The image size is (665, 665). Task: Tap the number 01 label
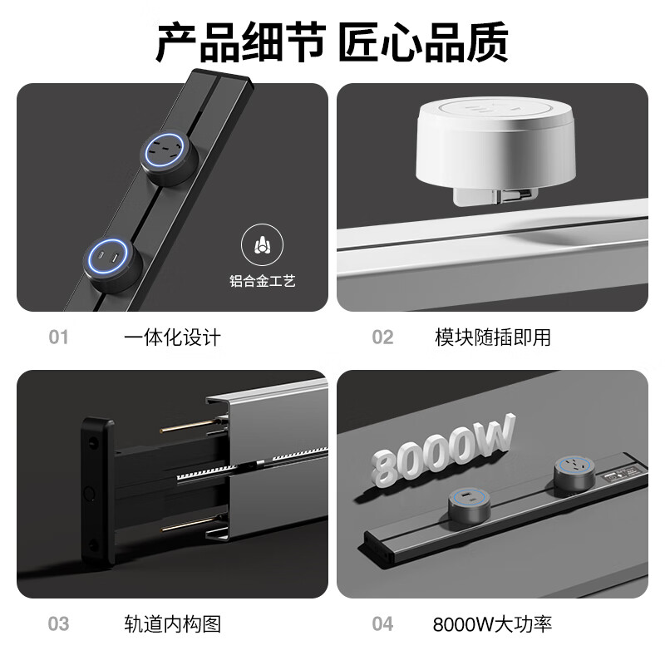tap(58, 337)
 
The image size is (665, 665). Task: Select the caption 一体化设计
tap(172, 337)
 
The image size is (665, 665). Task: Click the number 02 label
tap(382, 337)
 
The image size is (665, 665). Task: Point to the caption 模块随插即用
tap(493, 337)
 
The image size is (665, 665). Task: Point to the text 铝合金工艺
tap(262, 281)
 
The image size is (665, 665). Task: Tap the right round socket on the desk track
tap(574, 471)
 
